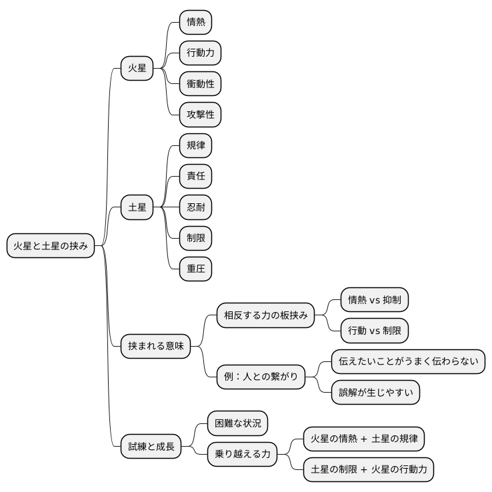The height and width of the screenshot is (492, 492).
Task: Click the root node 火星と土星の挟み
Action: pyautogui.click(x=51, y=246)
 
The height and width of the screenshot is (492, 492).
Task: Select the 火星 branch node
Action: pyautogui.click(x=137, y=68)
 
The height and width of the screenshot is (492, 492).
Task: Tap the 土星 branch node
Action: pyautogui.click(x=137, y=207)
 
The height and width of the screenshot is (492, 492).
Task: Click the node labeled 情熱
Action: pyautogui.click(x=196, y=22)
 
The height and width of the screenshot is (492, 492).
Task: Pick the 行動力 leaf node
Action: pyautogui.click(x=200, y=53)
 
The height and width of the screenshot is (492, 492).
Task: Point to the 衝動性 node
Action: pyautogui.click(x=200, y=84)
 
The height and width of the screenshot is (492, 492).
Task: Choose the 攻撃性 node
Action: pyautogui.click(x=200, y=115)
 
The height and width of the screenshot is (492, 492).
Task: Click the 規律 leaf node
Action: pyautogui.click(x=196, y=145)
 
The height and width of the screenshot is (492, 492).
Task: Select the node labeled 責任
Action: pyautogui.click(x=196, y=176)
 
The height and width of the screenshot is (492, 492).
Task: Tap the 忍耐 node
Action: pyautogui.click(x=196, y=207)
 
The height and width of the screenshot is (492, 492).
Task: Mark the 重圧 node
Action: pyautogui.click(x=196, y=269)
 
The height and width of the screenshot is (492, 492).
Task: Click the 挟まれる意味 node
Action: pyautogui.click(x=155, y=346)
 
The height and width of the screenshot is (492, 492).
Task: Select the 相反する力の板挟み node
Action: pyautogui.click(x=265, y=315)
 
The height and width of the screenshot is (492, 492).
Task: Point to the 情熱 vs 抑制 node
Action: pyautogui.click(x=375, y=299)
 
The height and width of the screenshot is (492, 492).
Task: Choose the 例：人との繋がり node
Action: pyautogui.click(x=261, y=377)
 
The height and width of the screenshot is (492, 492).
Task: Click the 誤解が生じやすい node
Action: pyautogui.click(x=375, y=392)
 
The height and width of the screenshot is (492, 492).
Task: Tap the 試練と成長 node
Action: pyautogui.click(x=151, y=446)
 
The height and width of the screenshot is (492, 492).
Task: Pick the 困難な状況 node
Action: pyautogui.click(x=237, y=423)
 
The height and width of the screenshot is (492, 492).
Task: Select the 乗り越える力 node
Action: pyautogui.click(x=242, y=454)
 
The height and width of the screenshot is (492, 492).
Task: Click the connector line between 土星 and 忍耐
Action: pyautogui.click(x=166, y=207)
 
